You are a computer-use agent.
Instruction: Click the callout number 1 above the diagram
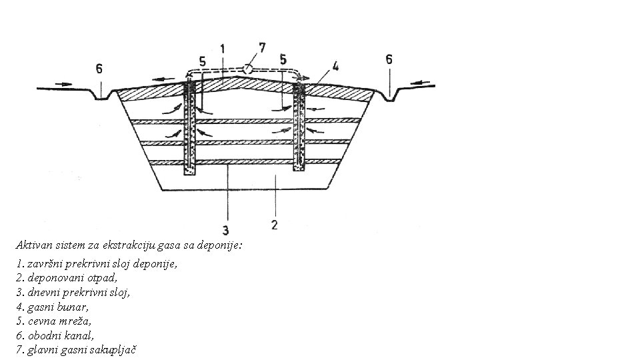tap(222, 48)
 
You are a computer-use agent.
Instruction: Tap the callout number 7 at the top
tap(262, 47)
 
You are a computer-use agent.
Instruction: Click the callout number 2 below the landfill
tap(275, 225)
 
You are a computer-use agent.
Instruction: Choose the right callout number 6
tap(389, 59)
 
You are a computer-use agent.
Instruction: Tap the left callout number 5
tap(202, 61)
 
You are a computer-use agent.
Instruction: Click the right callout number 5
tap(283, 59)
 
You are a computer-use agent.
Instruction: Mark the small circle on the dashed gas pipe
tap(247, 68)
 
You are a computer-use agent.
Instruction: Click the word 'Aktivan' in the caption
tap(33, 245)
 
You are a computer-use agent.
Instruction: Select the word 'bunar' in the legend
tap(75, 307)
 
